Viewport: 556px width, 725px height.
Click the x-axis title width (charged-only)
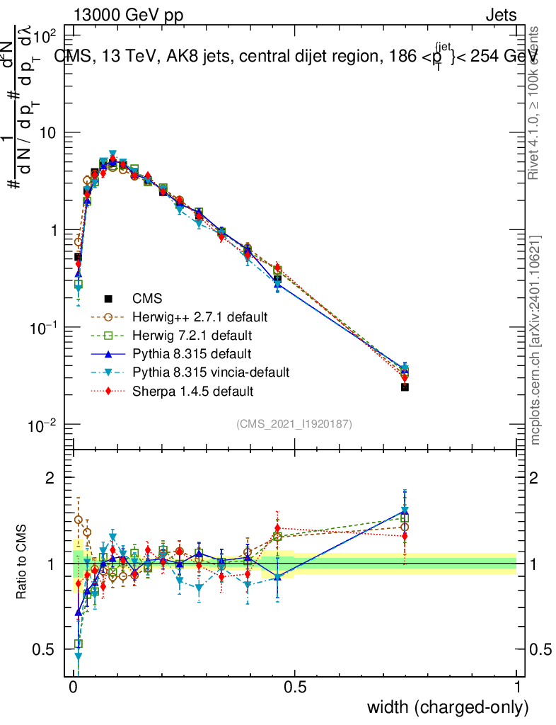tap(447, 707)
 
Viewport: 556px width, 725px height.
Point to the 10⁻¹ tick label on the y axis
tap(47, 327)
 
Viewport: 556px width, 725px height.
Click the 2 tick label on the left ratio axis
tap(50, 478)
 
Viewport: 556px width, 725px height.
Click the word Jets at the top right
tap(500, 16)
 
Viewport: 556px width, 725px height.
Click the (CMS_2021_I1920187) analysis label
tap(294, 423)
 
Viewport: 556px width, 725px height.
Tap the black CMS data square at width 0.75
tap(405, 387)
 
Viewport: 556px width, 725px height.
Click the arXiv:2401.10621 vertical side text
tap(536, 340)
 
